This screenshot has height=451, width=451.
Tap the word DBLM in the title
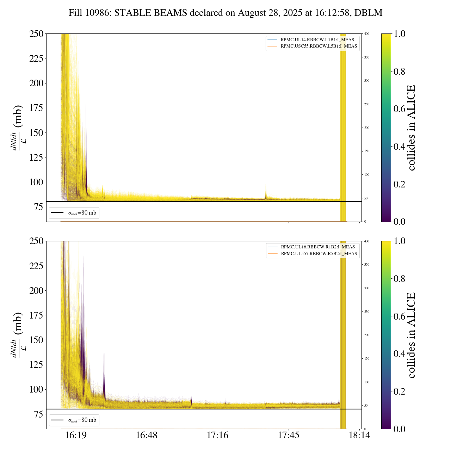click(x=368, y=13)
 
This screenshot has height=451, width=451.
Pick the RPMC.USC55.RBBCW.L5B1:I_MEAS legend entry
click(x=319, y=46)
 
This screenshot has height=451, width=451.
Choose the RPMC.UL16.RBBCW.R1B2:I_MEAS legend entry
click(x=317, y=247)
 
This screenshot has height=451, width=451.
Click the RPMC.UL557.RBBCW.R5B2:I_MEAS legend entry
click(x=319, y=254)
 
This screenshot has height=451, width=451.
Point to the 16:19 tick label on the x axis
click(x=76, y=435)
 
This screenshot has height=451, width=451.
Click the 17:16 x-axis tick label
click(x=217, y=435)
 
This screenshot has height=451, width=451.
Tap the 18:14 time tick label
click(x=359, y=435)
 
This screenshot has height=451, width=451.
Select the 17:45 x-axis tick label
click(x=289, y=435)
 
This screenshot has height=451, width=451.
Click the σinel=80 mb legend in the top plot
click(x=74, y=213)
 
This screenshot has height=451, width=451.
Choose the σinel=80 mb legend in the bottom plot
click(x=74, y=420)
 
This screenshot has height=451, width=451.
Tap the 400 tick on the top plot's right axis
click(x=367, y=34)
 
